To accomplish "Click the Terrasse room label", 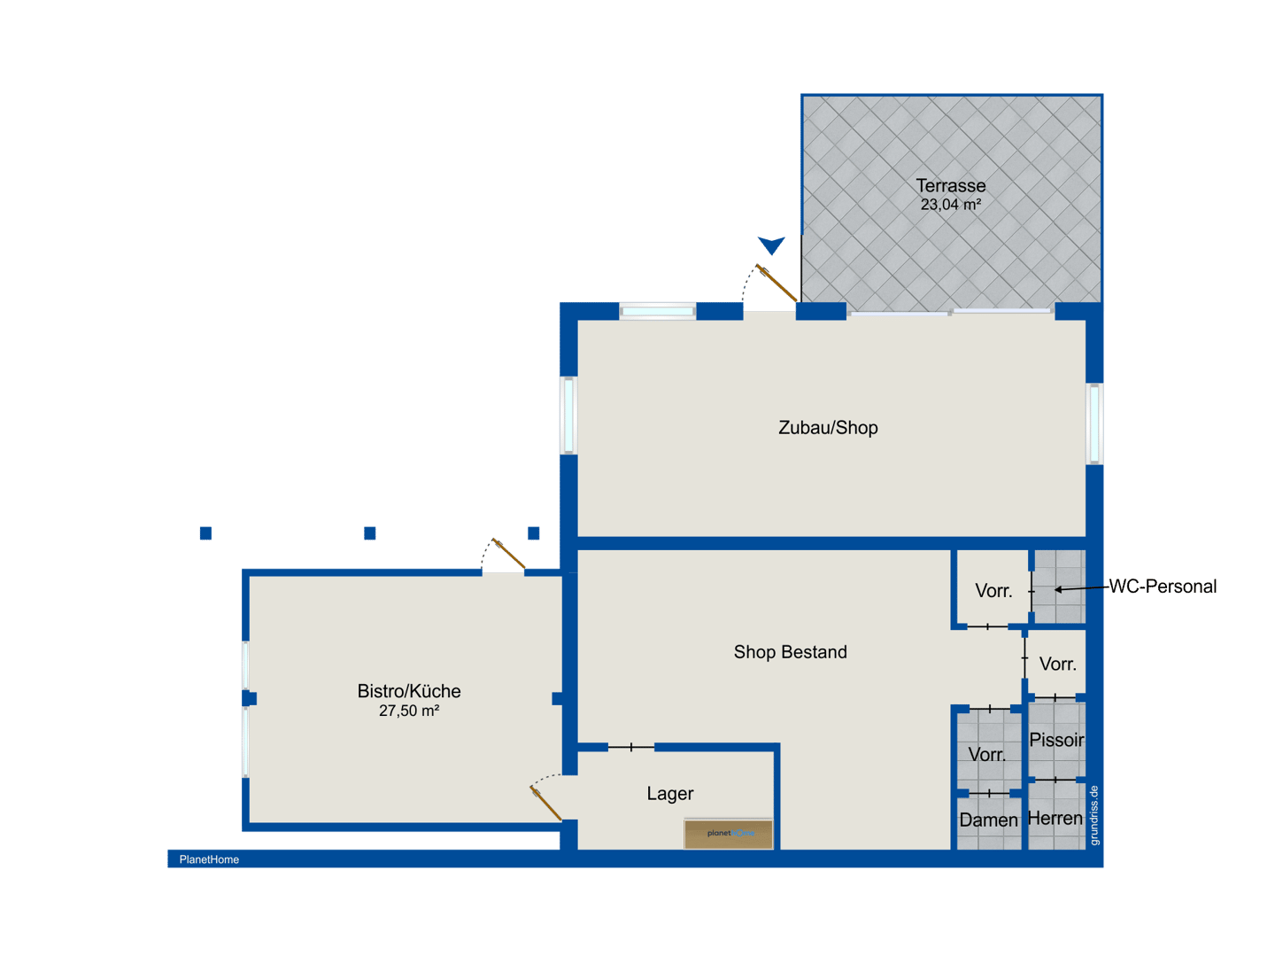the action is click(950, 185).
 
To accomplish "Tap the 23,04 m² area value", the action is click(950, 205).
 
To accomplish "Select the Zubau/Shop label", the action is click(827, 428).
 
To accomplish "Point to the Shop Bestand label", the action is click(790, 652).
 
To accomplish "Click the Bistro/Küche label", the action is click(408, 691).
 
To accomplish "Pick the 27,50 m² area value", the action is click(408, 711).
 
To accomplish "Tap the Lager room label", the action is click(669, 794).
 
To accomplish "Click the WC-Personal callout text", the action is click(1162, 587).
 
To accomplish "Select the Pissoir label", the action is click(1055, 740).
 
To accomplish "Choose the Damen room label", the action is click(987, 820).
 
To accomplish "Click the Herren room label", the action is click(1055, 819).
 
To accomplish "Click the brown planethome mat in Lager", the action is click(728, 834).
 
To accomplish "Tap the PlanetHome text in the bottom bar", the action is click(209, 859).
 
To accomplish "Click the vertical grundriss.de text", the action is click(1093, 816).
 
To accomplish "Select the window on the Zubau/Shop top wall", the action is click(657, 312).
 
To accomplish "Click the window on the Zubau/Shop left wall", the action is click(568, 416).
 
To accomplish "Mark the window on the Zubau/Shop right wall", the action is click(1093, 424).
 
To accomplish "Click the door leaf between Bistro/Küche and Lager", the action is click(545, 804).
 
